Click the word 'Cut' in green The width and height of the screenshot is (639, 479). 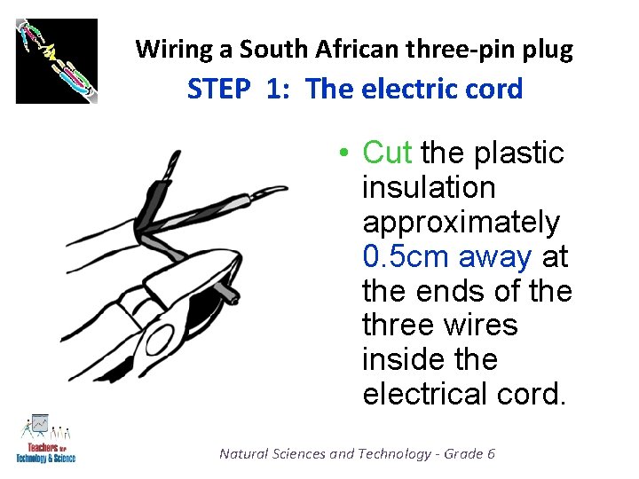(x=387, y=153)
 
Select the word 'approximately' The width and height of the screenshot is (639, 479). (x=461, y=223)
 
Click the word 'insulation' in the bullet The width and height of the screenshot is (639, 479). (x=429, y=188)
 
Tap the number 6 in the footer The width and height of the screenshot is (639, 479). (x=491, y=453)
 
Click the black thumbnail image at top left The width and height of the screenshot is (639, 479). (x=57, y=60)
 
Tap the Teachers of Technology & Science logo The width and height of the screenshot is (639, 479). (x=45, y=439)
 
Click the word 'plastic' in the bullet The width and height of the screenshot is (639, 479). (x=519, y=153)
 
